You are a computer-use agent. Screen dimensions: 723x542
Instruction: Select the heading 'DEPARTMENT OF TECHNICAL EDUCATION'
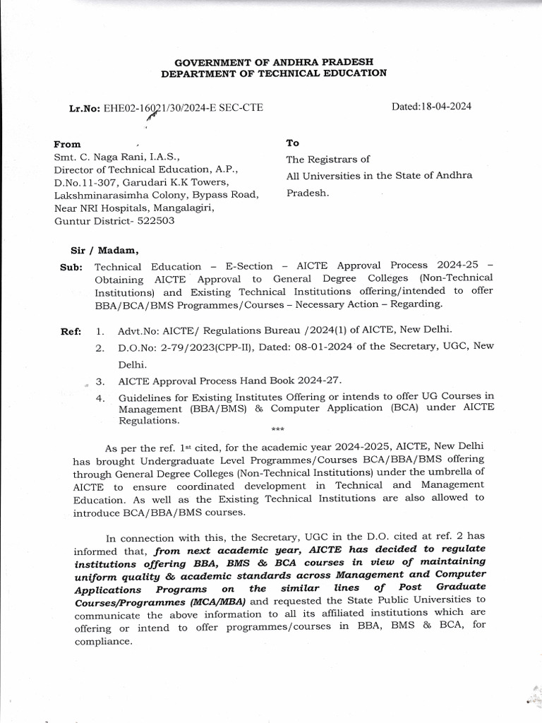tap(274, 73)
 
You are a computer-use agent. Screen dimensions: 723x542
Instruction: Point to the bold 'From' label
tap(68, 144)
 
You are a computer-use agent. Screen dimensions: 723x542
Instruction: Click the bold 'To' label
tap(292, 143)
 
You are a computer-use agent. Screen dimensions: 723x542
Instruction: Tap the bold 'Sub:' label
tap(71, 267)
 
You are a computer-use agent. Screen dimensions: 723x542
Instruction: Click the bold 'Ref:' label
tap(71, 330)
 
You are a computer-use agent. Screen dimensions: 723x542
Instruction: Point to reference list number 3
tap(100, 381)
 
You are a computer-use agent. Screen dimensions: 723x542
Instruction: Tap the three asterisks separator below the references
tap(277, 429)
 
